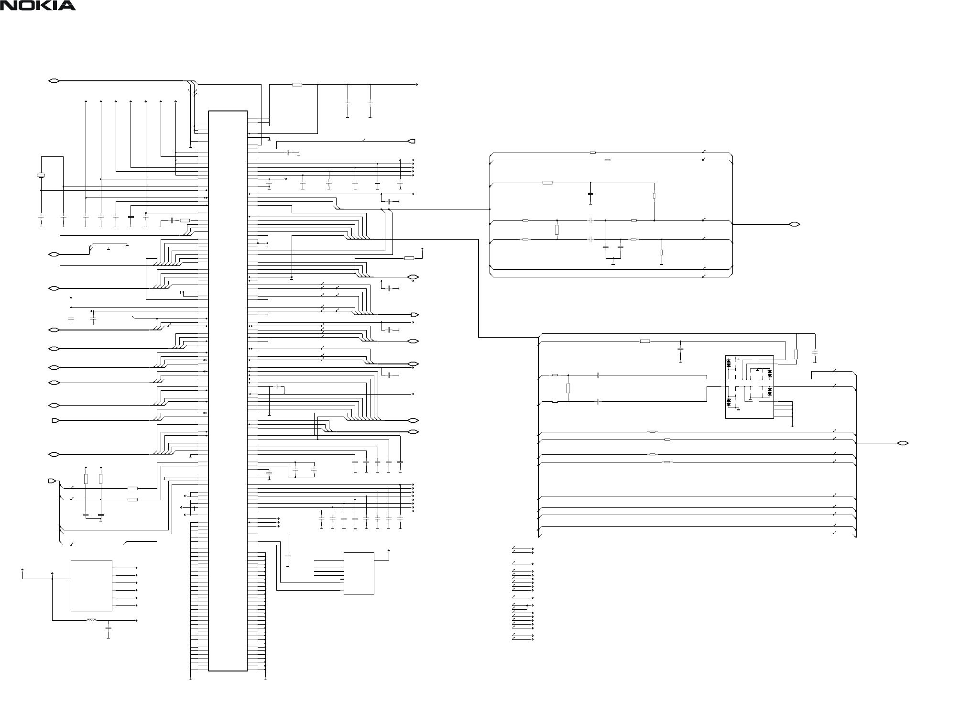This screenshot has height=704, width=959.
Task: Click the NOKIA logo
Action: coord(38,6)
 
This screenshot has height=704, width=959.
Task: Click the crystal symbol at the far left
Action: coord(41,176)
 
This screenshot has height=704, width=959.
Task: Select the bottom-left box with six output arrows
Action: coord(91,585)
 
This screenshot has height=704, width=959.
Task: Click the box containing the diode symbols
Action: coord(749,387)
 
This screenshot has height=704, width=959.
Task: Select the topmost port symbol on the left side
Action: coord(54,81)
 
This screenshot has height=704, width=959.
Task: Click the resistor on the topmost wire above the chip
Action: coord(297,85)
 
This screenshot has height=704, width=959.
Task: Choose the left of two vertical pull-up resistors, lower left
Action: coord(86,479)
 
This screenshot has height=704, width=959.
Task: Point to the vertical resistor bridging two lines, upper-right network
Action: coord(557,230)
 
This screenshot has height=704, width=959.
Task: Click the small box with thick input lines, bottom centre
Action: coord(359,573)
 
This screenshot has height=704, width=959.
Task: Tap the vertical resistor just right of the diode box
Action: coord(796,354)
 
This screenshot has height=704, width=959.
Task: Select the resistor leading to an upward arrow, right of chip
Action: coord(409,258)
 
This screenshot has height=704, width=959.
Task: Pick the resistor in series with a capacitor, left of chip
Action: coord(185,220)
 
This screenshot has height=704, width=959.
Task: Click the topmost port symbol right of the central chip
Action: coord(412,141)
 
